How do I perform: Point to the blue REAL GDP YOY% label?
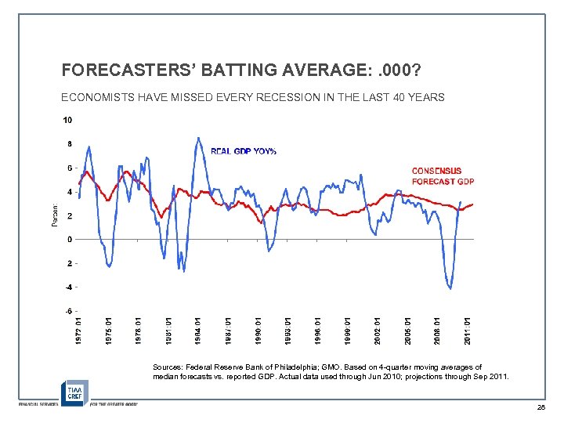pos(244,151)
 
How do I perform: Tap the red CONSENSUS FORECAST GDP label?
pos(443,176)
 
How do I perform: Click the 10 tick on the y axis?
pos(68,120)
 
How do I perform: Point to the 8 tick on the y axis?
pos(70,144)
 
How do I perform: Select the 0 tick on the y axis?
pos(70,240)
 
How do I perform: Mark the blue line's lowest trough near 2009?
pos(450,288)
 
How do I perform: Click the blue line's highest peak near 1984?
pos(197,139)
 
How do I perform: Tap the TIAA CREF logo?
pos(74,392)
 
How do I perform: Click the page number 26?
pos(540,408)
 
